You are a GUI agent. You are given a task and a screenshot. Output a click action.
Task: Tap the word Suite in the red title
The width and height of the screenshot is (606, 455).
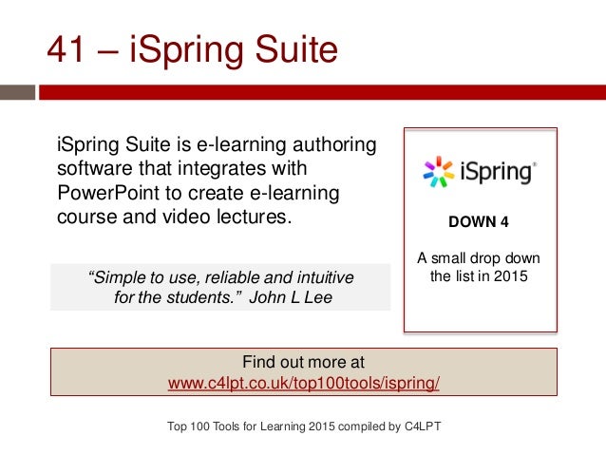click(290, 50)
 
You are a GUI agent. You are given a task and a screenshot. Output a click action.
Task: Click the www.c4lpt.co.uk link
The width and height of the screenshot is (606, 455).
click(303, 383)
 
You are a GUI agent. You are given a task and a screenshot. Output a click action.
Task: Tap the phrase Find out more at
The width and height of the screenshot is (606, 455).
click(303, 362)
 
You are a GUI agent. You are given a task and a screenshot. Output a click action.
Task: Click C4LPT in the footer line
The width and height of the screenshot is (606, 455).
click(417, 426)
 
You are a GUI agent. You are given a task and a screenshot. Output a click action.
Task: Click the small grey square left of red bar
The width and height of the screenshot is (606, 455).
click(17, 94)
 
